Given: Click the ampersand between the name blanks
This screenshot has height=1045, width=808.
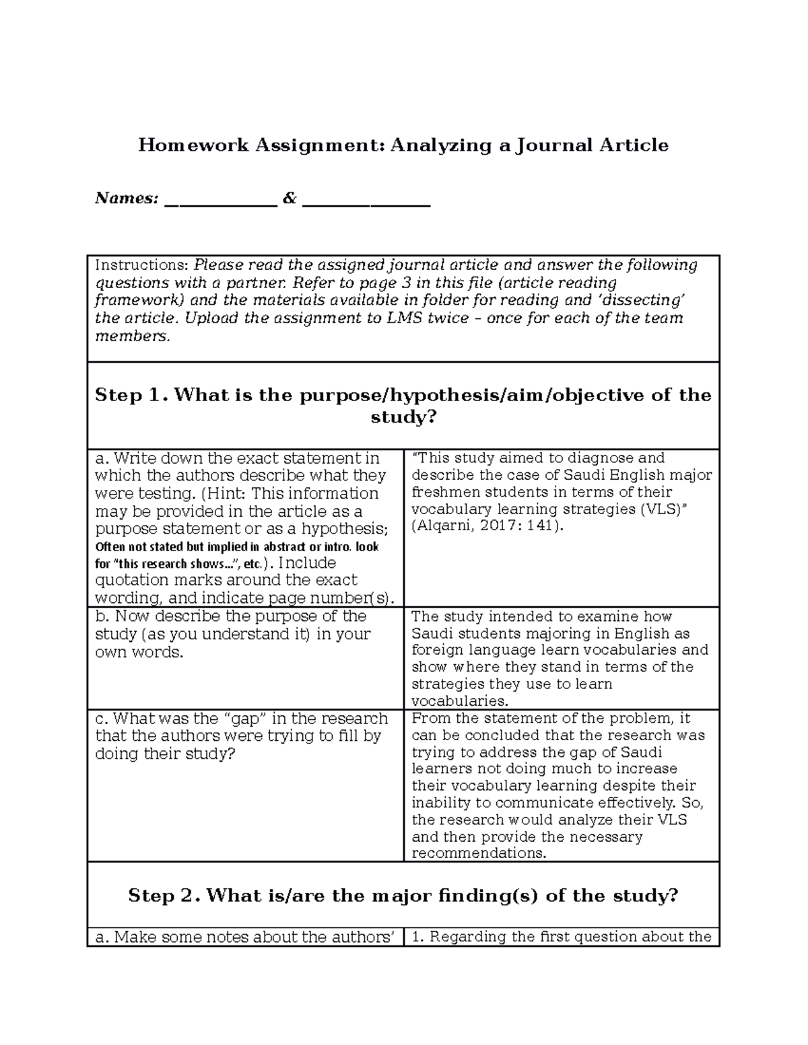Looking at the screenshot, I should pyautogui.click(x=290, y=199).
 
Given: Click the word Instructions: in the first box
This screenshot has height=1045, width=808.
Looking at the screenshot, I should pyautogui.click(x=142, y=265).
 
